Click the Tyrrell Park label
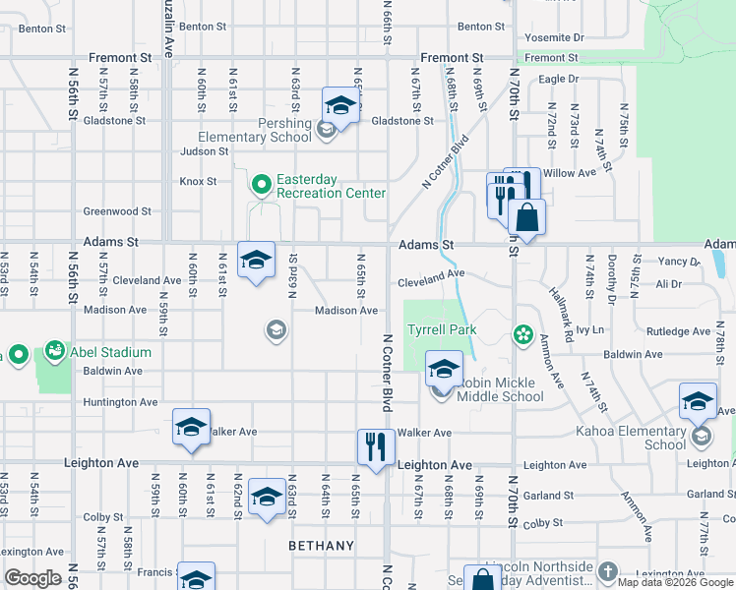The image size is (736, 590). tap(443, 329)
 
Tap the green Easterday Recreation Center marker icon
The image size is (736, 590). tap(261, 183)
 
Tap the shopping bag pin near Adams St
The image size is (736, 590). tap(526, 216)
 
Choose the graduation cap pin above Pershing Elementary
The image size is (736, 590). tap(340, 104)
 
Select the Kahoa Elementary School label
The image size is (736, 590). tap(651, 438)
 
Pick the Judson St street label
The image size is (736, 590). tap(204, 151)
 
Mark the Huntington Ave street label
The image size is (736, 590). tap(121, 402)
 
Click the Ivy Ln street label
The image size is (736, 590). tap(589, 330)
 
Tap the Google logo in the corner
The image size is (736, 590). tap(33, 578)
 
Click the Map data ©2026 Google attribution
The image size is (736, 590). tap(674, 582)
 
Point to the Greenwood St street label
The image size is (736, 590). tap(117, 210)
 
